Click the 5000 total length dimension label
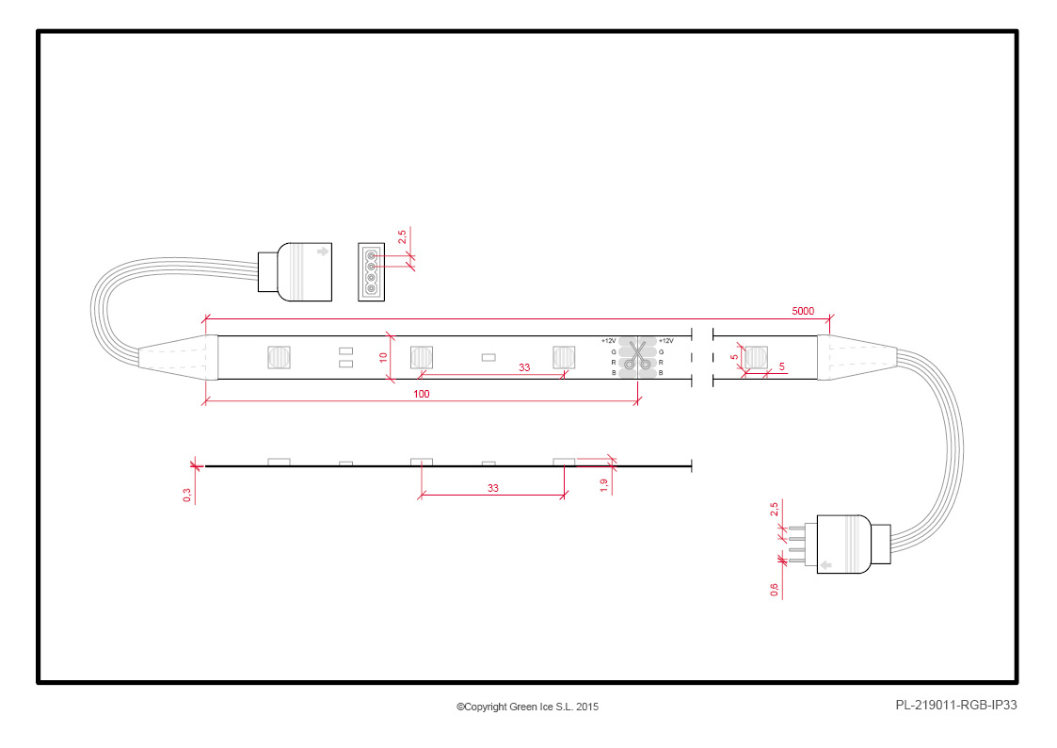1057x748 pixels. (802, 311)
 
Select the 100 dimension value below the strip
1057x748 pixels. (422, 394)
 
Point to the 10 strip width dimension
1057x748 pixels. (383, 357)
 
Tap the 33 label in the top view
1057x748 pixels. (524, 367)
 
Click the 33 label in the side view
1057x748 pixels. (493, 488)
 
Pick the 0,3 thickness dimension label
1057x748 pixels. (186, 496)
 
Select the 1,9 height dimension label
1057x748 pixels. (603, 485)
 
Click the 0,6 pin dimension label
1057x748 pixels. (774, 590)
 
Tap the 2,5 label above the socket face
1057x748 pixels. (402, 237)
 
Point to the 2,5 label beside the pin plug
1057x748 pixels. (774, 510)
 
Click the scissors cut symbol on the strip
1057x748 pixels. (637, 355)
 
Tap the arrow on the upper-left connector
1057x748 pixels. (323, 252)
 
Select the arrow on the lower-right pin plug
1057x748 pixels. (825, 564)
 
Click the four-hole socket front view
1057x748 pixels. (372, 272)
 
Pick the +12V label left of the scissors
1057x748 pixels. (609, 341)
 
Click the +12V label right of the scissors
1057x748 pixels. (666, 341)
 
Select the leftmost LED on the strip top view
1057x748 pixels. (280, 357)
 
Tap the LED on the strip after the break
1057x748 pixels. (756, 357)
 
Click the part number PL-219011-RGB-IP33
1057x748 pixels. (956, 705)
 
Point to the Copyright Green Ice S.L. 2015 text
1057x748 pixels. (527, 707)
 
